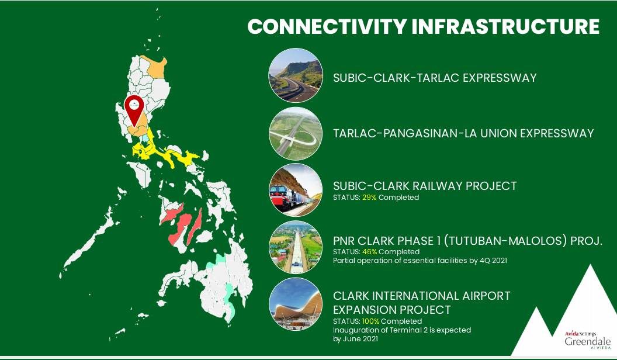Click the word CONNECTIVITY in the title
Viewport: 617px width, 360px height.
(327, 26)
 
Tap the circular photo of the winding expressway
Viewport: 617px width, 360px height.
(296, 75)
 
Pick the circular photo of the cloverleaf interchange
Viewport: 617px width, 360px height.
(296, 133)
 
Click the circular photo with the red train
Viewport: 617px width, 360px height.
(296, 190)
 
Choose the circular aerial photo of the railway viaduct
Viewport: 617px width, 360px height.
(296, 247)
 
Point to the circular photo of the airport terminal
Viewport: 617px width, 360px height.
(296, 304)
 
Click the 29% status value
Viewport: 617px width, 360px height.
(369, 198)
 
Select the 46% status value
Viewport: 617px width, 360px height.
(369, 251)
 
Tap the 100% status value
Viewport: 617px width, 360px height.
(370, 321)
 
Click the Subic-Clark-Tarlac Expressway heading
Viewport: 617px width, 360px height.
(435, 78)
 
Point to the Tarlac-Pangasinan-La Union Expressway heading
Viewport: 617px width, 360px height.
(463, 133)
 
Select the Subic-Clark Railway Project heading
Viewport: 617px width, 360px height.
(425, 186)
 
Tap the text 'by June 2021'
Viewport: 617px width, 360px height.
(355, 339)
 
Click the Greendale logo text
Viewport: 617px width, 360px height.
(588, 341)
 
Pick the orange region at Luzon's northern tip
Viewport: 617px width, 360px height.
(156, 67)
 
